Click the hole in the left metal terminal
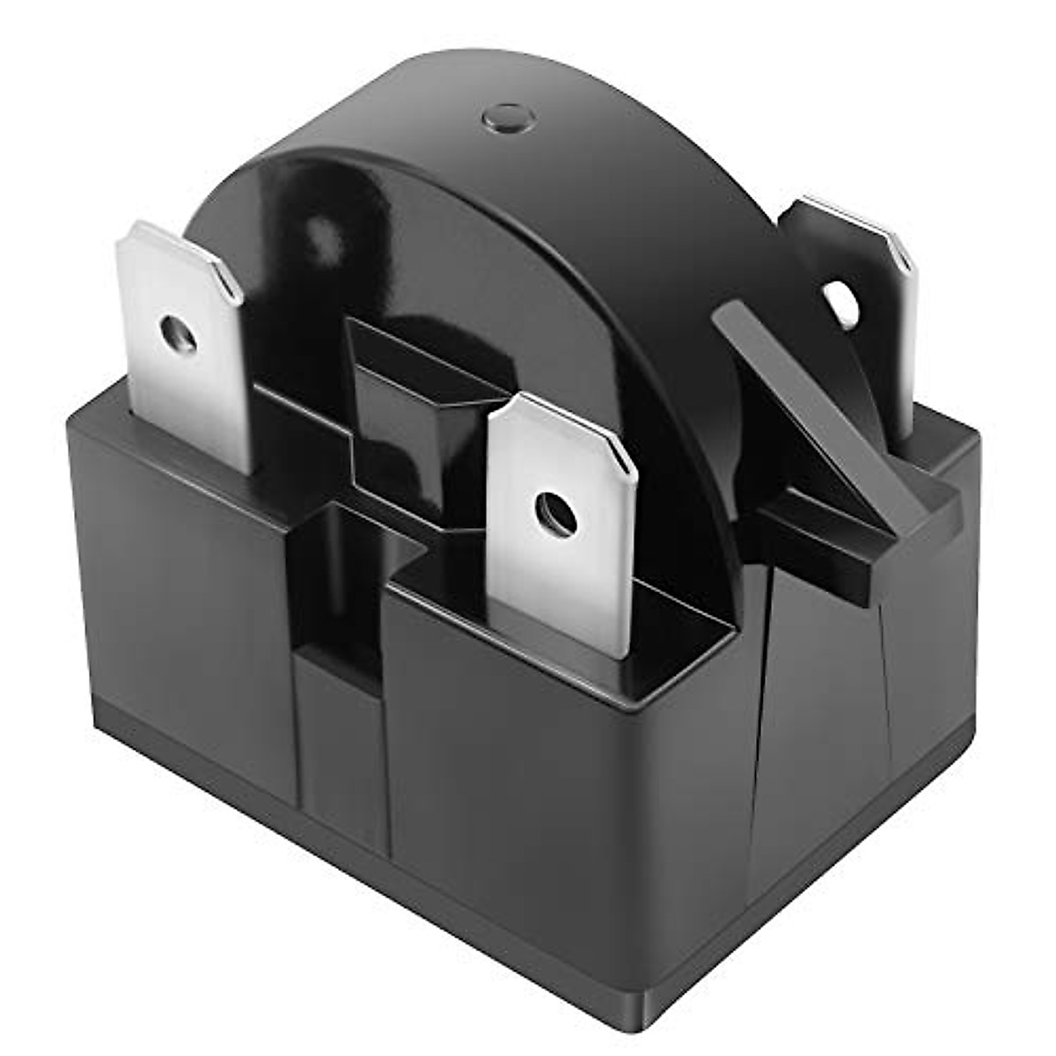point(179,334)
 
